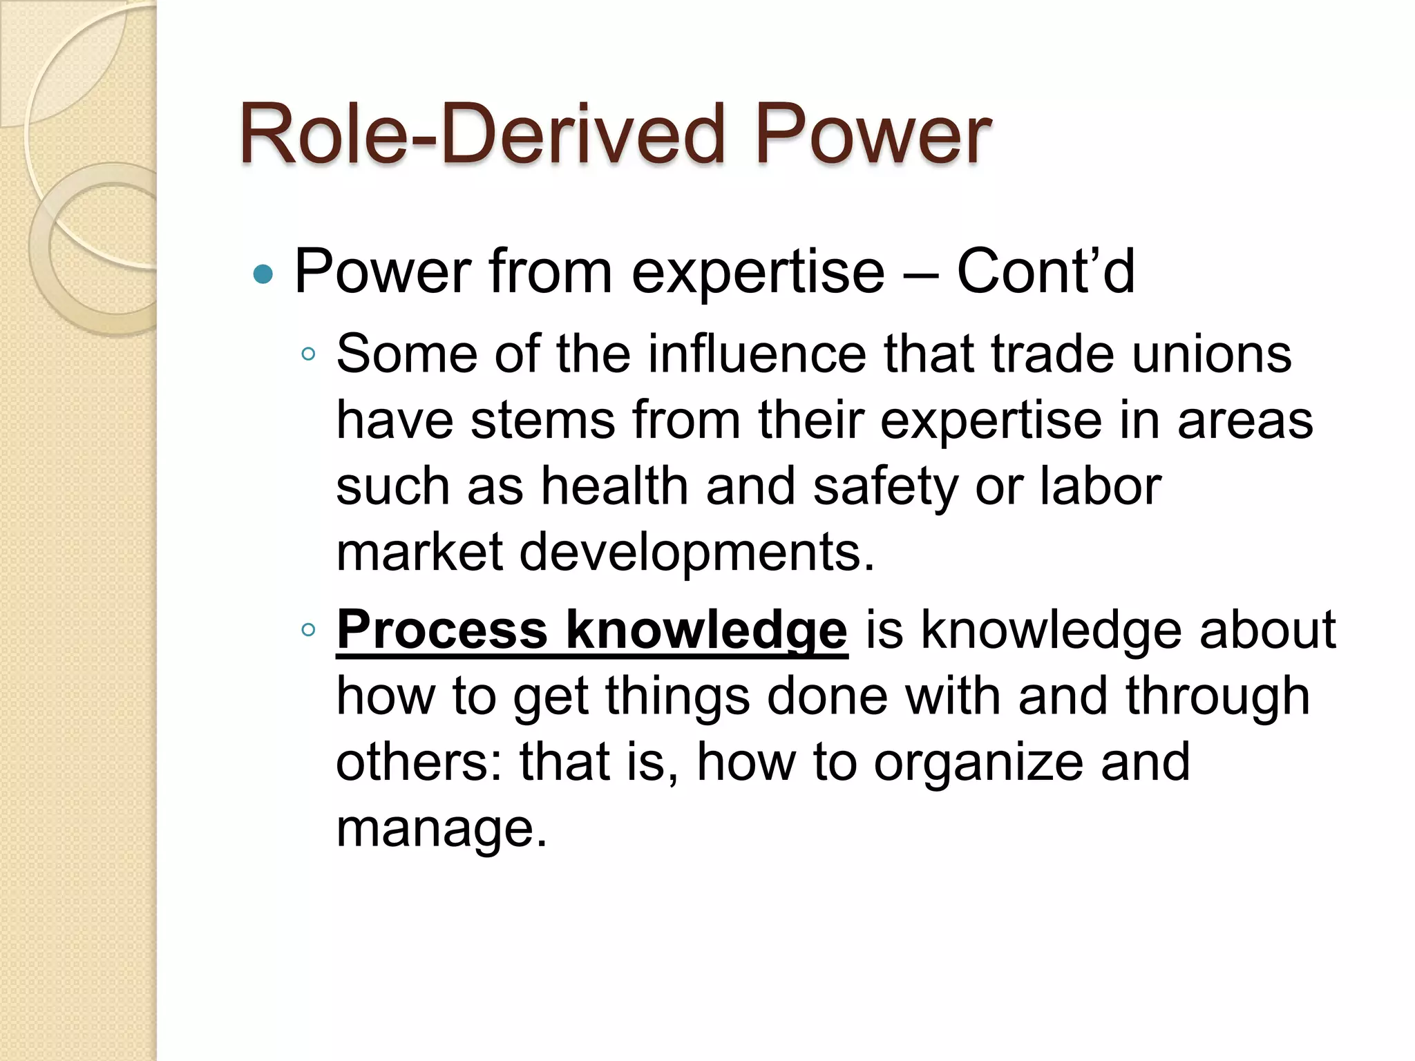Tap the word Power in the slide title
[x=873, y=134]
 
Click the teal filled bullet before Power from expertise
[x=263, y=275]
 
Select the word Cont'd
[x=1045, y=271]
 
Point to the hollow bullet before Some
[x=308, y=355]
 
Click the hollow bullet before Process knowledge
[x=308, y=629]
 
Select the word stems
[x=543, y=420]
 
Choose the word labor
[x=1101, y=486]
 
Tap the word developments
[x=696, y=553]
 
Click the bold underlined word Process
[x=442, y=629]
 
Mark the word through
[x=1217, y=696]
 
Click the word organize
[x=978, y=763]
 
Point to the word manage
[x=441, y=829]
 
